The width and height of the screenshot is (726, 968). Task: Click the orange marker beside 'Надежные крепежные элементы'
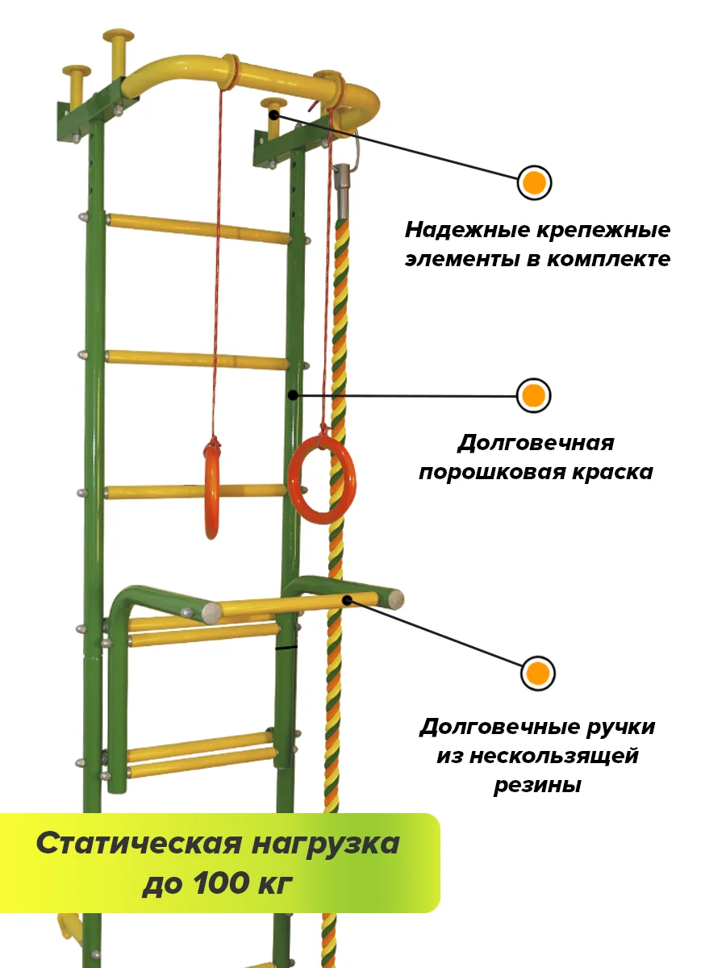[533, 184]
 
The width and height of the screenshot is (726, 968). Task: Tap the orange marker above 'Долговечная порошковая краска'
[533, 396]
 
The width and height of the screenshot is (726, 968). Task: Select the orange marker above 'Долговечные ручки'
[538, 673]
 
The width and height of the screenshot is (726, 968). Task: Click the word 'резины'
[537, 785]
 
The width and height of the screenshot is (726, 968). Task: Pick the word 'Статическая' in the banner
[138, 844]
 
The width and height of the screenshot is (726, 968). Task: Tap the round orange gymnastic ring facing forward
[323, 481]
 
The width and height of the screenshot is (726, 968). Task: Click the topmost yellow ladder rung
[198, 228]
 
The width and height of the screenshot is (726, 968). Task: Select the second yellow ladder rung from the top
[198, 359]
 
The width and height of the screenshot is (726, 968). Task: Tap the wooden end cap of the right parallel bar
[395, 599]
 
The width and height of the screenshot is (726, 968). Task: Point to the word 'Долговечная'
[536, 443]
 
